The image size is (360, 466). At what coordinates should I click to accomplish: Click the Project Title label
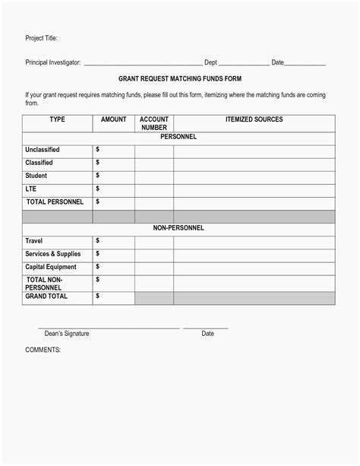[41, 38]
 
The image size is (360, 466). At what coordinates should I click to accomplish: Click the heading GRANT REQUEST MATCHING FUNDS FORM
[180, 78]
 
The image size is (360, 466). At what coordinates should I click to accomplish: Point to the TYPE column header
[57, 119]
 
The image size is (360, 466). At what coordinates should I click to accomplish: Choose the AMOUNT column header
[113, 119]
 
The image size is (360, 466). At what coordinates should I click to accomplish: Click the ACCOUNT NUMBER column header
[154, 123]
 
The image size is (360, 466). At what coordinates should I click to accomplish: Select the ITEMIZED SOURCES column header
[254, 119]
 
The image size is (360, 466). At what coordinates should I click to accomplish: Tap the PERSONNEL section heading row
[178, 137]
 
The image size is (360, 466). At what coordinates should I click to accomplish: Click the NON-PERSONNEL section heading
[178, 228]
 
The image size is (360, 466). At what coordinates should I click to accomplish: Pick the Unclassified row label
[43, 150]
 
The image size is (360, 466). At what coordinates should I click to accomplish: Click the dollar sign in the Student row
[97, 176]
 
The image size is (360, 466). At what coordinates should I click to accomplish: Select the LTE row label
[31, 189]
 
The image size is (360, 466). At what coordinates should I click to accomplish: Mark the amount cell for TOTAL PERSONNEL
[114, 202]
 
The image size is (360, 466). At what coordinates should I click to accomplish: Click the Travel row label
[33, 241]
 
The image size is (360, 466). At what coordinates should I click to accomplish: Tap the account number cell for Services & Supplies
[154, 254]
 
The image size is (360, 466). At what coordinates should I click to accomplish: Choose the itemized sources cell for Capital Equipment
[254, 267]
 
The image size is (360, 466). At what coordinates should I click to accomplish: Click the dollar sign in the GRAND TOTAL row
[97, 296]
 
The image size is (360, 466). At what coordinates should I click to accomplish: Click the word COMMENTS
[43, 350]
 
